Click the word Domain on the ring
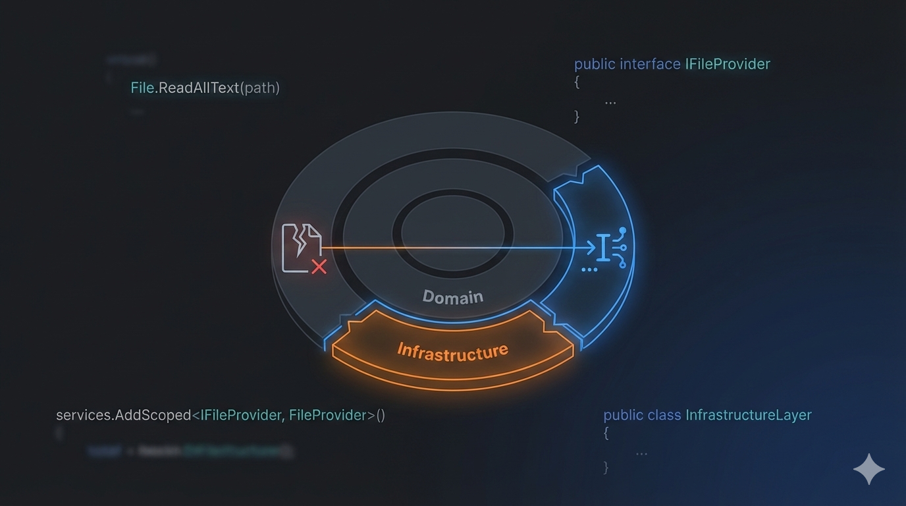pyautogui.click(x=452, y=297)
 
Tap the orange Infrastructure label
pyautogui.click(x=452, y=351)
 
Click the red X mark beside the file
pyautogui.click(x=319, y=267)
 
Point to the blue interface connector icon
pyautogui.click(x=608, y=248)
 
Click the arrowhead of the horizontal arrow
pyautogui.click(x=590, y=248)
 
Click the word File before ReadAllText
pyautogui.click(x=142, y=88)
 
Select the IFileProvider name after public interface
pyautogui.click(x=727, y=64)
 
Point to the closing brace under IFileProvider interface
pyautogui.click(x=577, y=117)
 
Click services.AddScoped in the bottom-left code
pyautogui.click(x=123, y=415)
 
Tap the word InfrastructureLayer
pyautogui.click(x=748, y=415)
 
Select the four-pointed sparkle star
pyautogui.click(x=868, y=469)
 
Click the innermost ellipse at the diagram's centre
pyautogui.click(x=452, y=233)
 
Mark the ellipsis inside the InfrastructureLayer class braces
pyautogui.click(x=641, y=453)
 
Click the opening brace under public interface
pyautogui.click(x=577, y=82)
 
